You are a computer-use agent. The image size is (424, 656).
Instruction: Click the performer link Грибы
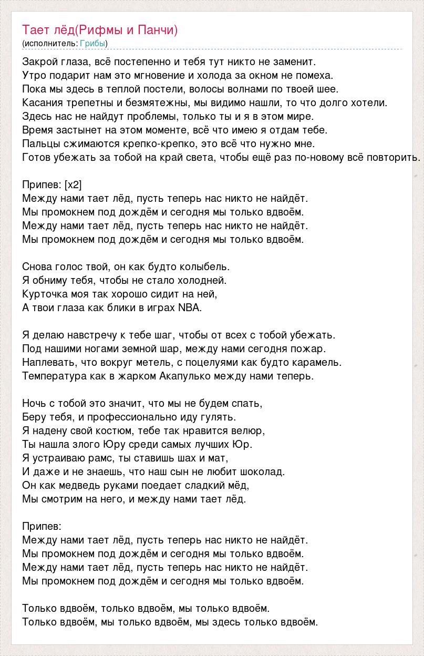click(x=92, y=43)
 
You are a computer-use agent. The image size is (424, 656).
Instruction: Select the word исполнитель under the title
click(x=50, y=43)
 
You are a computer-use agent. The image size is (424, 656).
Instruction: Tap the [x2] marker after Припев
click(x=73, y=184)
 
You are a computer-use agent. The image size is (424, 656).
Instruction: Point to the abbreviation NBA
click(x=190, y=307)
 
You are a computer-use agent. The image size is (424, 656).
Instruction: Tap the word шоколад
click(x=261, y=471)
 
